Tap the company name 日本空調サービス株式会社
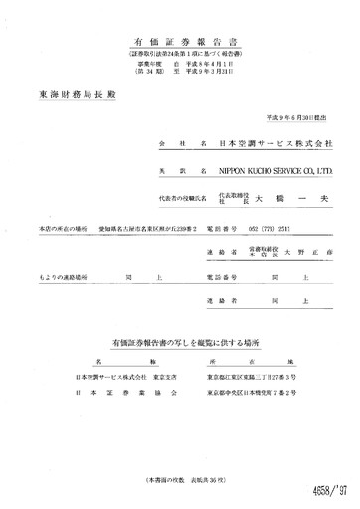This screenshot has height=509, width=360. (275, 145)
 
